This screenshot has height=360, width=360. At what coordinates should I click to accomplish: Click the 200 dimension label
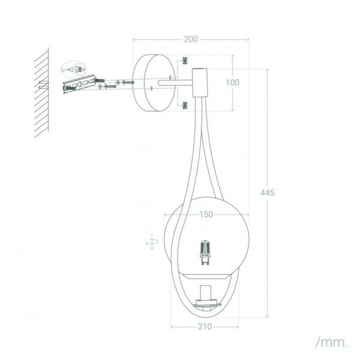[x=191, y=39]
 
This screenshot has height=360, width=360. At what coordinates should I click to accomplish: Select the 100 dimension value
[x=233, y=82]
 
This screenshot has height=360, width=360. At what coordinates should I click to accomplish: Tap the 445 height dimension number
[x=267, y=193]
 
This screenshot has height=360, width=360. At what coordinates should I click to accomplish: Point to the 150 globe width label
[x=206, y=214]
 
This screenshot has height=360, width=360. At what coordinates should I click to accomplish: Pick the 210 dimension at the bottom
[x=205, y=326]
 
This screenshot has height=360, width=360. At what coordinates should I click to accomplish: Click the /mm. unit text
[x=332, y=343]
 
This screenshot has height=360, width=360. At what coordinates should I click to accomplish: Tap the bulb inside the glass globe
[x=205, y=253]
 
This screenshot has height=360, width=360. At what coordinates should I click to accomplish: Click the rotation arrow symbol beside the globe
[x=152, y=241]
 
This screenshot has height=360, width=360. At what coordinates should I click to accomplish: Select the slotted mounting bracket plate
[x=79, y=84]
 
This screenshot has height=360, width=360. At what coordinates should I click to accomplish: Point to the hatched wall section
[x=41, y=93]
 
